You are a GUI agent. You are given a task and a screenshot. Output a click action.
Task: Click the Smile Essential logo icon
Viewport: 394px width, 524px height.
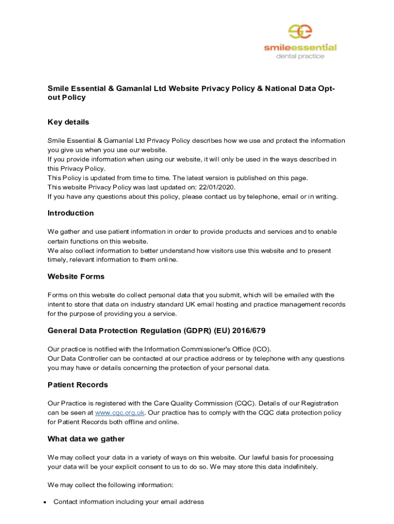[300, 32]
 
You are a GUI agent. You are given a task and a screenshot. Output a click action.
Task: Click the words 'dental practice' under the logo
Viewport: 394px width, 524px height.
[300, 56]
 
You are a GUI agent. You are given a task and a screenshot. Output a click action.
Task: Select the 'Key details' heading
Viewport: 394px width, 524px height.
[68, 122]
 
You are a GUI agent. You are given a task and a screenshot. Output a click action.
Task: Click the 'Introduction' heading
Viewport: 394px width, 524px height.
[71, 213]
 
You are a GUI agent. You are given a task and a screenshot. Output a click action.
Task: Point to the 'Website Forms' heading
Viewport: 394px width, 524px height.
[76, 276]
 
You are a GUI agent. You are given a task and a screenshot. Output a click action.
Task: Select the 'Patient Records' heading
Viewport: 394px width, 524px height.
[78, 385]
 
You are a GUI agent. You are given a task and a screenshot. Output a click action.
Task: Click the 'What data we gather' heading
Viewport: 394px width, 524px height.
[86, 439]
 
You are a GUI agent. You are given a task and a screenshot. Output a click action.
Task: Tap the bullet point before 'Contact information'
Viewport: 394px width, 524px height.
[45, 502]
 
